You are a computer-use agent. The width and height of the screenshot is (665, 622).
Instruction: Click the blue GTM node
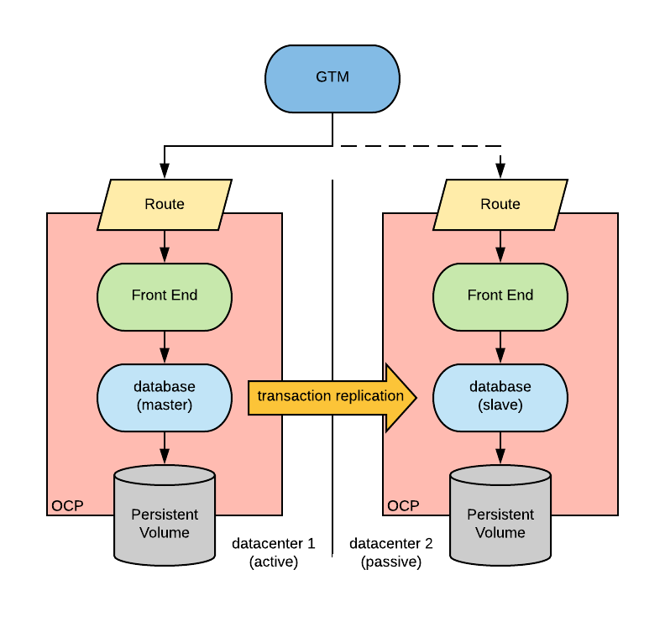coord(332,77)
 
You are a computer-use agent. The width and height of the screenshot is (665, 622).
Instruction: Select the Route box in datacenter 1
coord(165,204)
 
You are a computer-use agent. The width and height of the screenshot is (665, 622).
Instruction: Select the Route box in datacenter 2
coord(500,204)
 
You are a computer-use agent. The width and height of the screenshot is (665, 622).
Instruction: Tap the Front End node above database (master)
coord(165,295)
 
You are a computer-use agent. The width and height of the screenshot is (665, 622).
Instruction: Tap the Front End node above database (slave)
coord(500,295)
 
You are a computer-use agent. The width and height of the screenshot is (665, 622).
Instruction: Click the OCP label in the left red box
coord(67,506)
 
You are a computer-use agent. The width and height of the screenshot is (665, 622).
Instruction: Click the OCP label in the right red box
coord(403,506)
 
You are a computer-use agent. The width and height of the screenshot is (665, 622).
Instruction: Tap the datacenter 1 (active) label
coord(274,553)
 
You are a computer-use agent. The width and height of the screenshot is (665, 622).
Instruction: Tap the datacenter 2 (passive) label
coord(391,553)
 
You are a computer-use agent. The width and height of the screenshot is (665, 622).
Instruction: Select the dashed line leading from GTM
coord(420,146)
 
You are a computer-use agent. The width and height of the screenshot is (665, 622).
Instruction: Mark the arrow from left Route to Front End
coord(165,247)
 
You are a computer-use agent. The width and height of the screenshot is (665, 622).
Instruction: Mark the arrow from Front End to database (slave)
coord(500,347)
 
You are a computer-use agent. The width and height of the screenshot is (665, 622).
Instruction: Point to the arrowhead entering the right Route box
coord(500,171)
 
